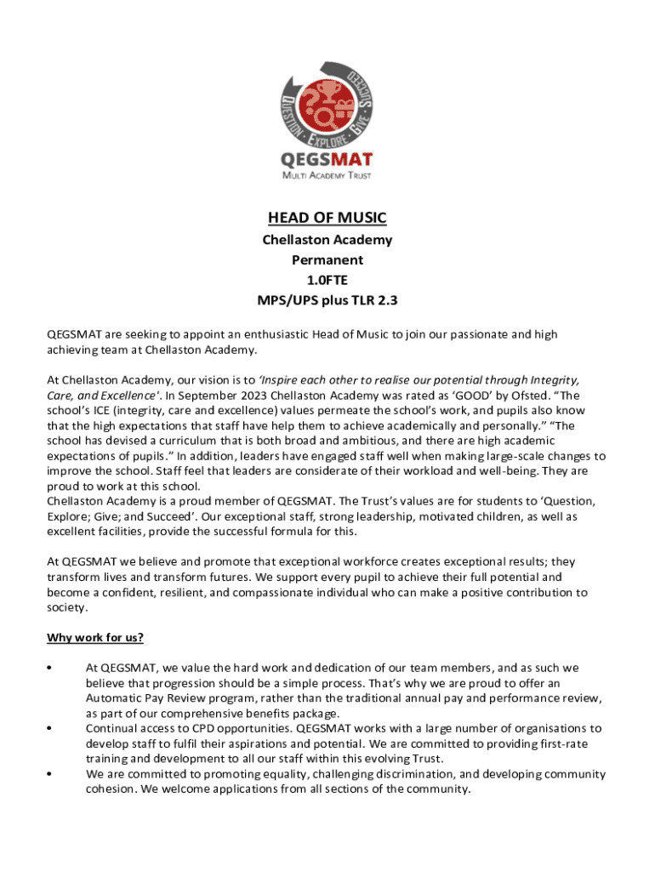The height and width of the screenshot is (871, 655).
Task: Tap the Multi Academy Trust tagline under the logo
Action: click(x=327, y=175)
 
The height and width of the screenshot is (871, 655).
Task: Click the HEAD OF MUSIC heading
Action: click(x=327, y=219)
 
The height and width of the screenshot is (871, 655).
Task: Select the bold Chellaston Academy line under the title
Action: click(x=327, y=240)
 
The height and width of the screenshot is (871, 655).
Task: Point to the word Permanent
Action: click(x=327, y=259)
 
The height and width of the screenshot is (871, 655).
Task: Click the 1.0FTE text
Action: click(x=327, y=280)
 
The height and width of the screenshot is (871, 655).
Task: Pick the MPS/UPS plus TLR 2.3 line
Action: click(x=327, y=300)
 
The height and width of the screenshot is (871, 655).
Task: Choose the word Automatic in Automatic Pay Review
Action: click(x=114, y=698)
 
